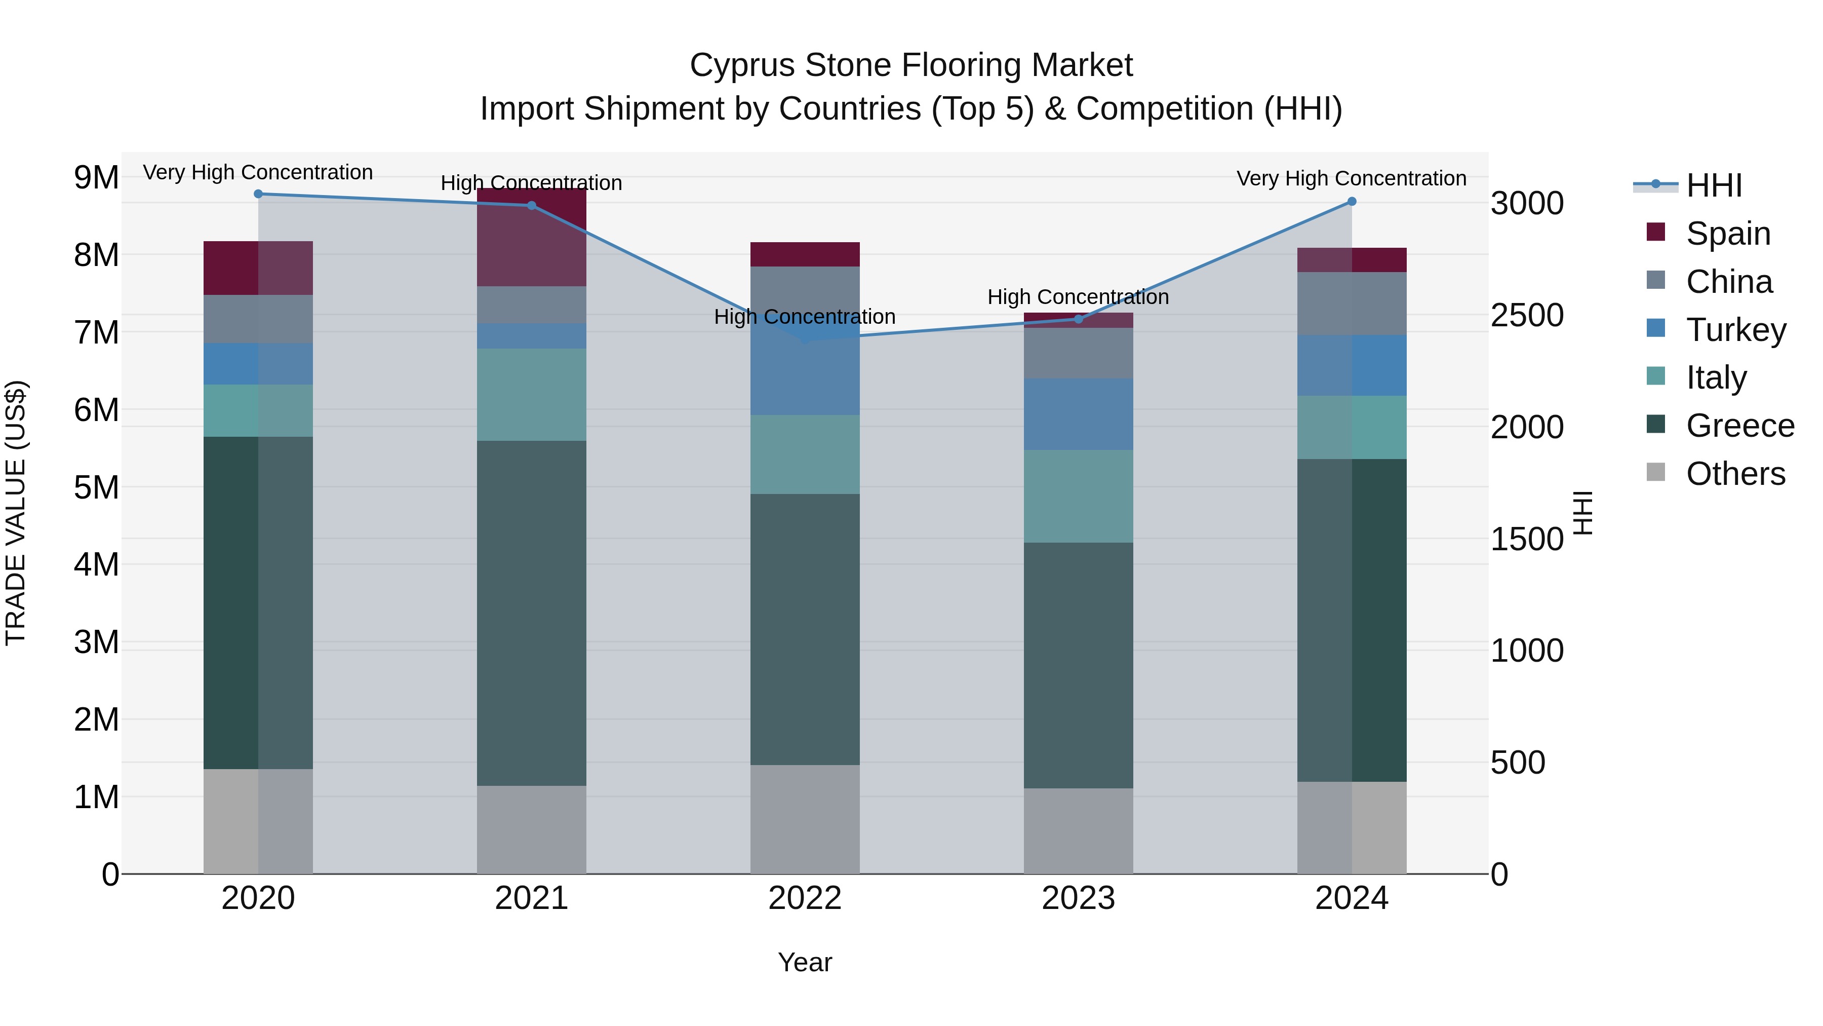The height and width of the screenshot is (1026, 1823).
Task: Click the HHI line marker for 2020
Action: (x=258, y=194)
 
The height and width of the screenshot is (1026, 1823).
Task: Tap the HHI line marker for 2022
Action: (x=805, y=339)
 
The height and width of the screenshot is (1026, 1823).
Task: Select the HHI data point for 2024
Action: (x=1352, y=202)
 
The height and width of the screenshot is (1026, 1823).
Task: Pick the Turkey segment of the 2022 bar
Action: (x=805, y=368)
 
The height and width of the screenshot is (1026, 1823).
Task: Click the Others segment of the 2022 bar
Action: (x=805, y=819)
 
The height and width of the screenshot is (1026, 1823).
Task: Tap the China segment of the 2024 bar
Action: (x=1352, y=304)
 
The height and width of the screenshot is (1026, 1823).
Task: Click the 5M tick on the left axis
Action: (x=97, y=487)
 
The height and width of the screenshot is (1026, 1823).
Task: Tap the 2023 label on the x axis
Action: (x=1079, y=898)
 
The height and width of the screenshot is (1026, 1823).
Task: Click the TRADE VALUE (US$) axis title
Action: (x=16, y=513)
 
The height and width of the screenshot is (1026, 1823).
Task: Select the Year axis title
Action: (x=805, y=962)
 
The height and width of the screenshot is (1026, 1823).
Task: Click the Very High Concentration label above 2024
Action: (x=1352, y=178)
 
